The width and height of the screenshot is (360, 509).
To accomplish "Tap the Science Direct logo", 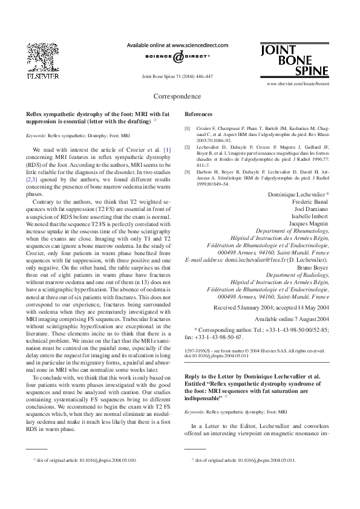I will pyautogui.click(x=177, y=57).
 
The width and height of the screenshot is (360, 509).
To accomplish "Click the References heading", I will pyautogui.click(x=198, y=114).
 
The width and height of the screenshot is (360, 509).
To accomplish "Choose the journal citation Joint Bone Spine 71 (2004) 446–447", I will pyautogui.click(x=177, y=77).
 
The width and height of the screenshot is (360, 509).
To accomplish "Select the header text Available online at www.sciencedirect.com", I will pyautogui.click(x=177, y=45).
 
